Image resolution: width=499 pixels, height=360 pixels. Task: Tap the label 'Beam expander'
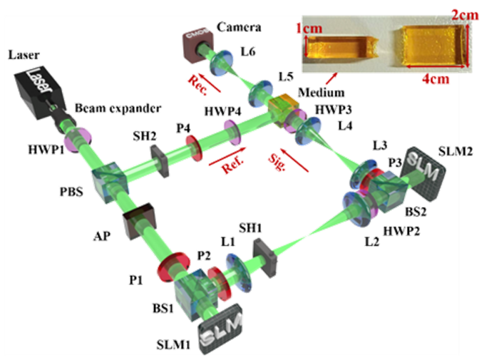(x=117, y=108)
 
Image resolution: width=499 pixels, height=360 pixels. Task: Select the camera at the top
(x=196, y=42)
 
